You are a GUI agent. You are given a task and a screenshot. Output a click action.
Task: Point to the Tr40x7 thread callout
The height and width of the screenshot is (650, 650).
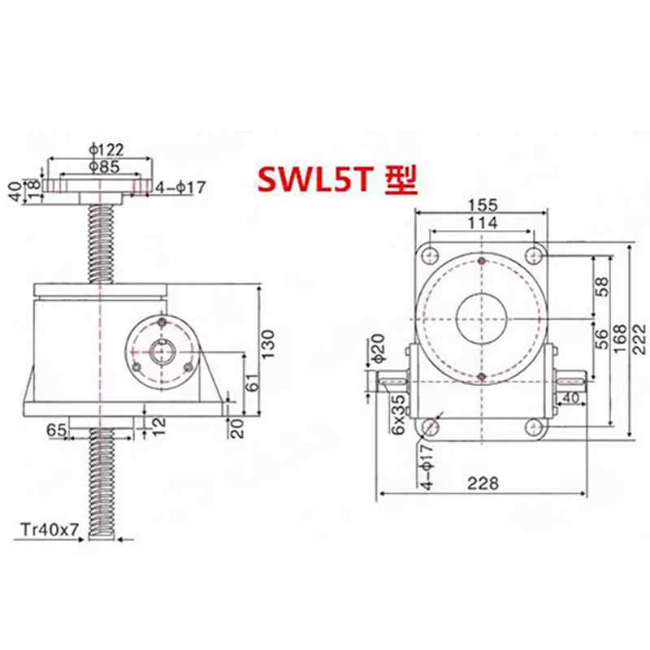pos(50,530)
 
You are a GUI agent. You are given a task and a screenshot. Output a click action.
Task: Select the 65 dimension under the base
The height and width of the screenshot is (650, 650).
pos(56,429)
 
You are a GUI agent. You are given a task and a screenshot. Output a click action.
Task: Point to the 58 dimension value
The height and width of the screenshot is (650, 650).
pos(602,286)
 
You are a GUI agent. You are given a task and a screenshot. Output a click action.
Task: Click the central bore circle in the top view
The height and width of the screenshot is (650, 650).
pos(482,317)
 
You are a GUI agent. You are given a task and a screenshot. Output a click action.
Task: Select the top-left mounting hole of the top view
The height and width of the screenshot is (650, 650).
pos(431,254)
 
